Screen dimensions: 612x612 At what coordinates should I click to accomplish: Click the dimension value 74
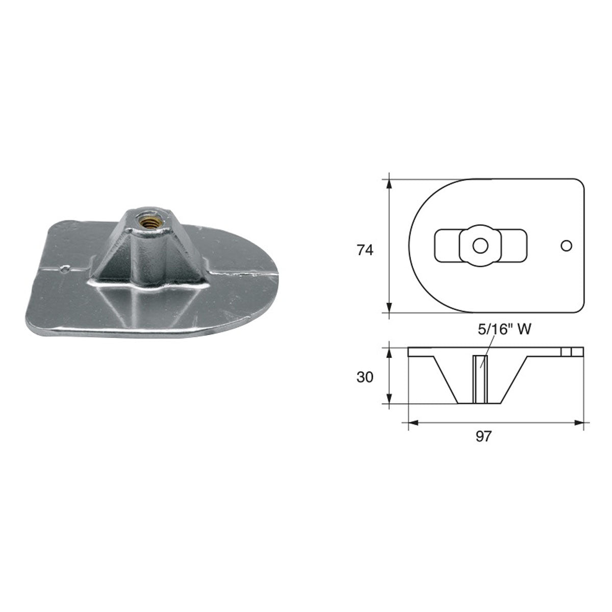365,250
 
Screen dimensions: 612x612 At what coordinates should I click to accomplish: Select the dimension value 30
365,377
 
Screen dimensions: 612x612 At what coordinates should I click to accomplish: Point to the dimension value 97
483,436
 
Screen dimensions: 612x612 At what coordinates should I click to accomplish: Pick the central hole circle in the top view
479,246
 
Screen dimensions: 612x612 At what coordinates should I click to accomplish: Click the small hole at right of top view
566,246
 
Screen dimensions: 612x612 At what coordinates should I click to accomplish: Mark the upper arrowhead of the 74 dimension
389,184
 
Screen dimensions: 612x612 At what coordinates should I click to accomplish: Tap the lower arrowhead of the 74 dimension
389,307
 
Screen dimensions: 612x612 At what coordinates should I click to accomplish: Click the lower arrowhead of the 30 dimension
389,399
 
